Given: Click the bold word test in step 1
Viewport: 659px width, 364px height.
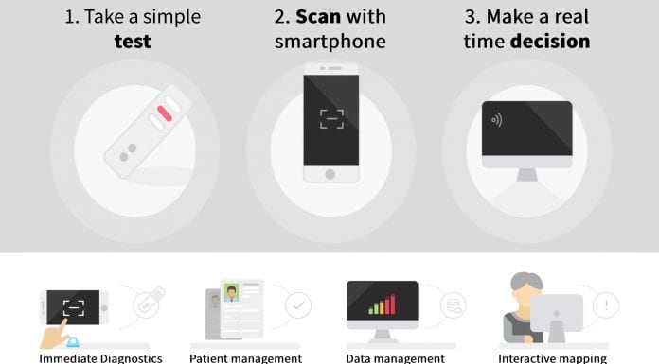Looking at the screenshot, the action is point(133,42).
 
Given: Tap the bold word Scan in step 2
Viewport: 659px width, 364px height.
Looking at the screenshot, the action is point(318,17).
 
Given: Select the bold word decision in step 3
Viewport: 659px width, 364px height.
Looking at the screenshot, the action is point(550,42).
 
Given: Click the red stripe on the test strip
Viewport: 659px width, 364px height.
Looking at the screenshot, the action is point(165,113).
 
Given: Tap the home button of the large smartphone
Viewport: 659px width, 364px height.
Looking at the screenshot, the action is point(329,174).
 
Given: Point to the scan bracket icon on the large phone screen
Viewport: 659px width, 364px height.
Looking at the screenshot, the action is point(331,119).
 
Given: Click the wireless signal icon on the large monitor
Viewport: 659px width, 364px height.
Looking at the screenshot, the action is point(496,120).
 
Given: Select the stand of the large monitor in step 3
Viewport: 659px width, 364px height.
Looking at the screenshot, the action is point(527,175).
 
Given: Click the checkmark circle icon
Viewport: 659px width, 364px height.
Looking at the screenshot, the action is point(298,305).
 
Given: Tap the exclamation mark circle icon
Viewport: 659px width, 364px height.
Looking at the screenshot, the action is point(606,305).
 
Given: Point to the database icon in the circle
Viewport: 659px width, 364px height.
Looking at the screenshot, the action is point(454,305).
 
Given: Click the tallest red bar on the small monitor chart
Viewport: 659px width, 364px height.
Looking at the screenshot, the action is point(393,303).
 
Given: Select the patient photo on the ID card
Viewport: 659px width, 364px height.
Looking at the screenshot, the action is point(231,292).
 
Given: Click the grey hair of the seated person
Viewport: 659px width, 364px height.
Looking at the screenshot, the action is point(526,280).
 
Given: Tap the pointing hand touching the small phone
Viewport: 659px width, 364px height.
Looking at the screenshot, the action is point(55,334).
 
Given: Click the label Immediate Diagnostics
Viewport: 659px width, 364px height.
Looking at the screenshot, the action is point(100,358).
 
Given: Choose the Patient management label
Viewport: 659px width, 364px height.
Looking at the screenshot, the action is point(245,358).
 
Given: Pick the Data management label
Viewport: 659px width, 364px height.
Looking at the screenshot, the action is point(395,358).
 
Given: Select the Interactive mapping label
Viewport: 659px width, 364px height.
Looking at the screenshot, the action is point(552,358).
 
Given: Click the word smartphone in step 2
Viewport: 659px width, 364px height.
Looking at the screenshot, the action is point(329,42).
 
